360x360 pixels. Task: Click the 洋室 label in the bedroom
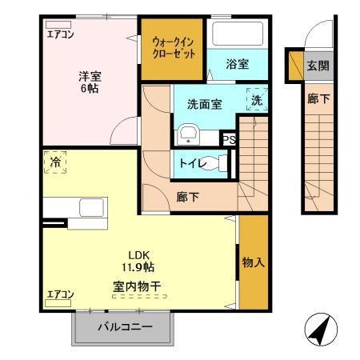[89, 77]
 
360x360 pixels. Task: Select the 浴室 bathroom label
[236, 63]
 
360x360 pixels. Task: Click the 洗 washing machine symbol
[257, 100]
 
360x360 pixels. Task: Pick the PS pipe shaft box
[230, 138]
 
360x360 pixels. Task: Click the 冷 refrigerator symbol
[55, 162]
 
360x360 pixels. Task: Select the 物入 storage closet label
[253, 262]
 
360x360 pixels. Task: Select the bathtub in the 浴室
[236, 34]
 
